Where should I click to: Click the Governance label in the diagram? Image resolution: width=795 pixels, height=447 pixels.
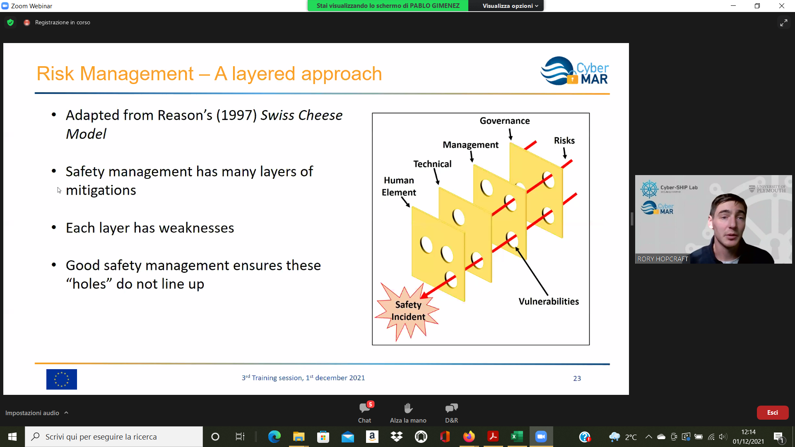click(505, 121)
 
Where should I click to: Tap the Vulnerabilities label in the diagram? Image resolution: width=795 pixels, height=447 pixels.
click(549, 301)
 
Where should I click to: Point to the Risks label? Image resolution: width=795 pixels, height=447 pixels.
click(564, 141)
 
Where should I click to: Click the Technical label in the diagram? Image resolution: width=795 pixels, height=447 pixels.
click(432, 164)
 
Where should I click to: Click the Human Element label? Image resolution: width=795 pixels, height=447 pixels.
click(399, 186)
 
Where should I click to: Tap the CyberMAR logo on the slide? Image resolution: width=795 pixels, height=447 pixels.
click(575, 71)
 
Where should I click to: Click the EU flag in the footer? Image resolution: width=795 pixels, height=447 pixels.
click(62, 379)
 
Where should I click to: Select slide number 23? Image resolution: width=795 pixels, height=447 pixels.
click(577, 378)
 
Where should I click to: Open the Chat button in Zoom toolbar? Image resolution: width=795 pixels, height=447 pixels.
click(365, 412)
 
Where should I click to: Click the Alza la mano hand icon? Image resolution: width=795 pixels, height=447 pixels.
click(408, 408)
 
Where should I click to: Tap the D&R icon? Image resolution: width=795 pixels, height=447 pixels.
click(451, 408)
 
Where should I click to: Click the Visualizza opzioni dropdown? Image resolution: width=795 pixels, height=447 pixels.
click(510, 6)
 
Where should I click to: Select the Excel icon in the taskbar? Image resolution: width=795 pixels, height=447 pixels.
click(517, 437)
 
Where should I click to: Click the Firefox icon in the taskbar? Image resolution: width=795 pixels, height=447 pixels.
click(469, 437)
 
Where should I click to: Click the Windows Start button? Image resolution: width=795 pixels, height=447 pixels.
click(12, 437)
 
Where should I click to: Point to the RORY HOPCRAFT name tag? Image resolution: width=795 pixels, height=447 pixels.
click(662, 259)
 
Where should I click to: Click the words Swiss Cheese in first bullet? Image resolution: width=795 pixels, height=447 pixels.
click(301, 115)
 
